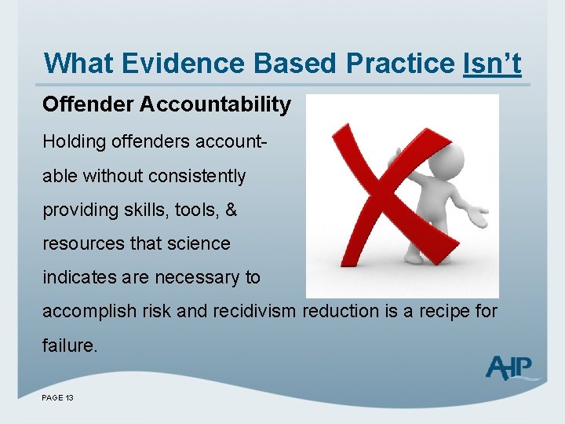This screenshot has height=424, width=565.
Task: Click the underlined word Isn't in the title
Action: tap(492, 63)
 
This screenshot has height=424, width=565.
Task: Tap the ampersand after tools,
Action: tap(231, 210)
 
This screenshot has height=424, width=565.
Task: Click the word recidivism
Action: tap(252, 311)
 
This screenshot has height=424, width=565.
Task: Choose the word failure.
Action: tap(71, 345)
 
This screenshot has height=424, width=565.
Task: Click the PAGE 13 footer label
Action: tap(58, 398)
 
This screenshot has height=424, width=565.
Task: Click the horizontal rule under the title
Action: tap(282, 85)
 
